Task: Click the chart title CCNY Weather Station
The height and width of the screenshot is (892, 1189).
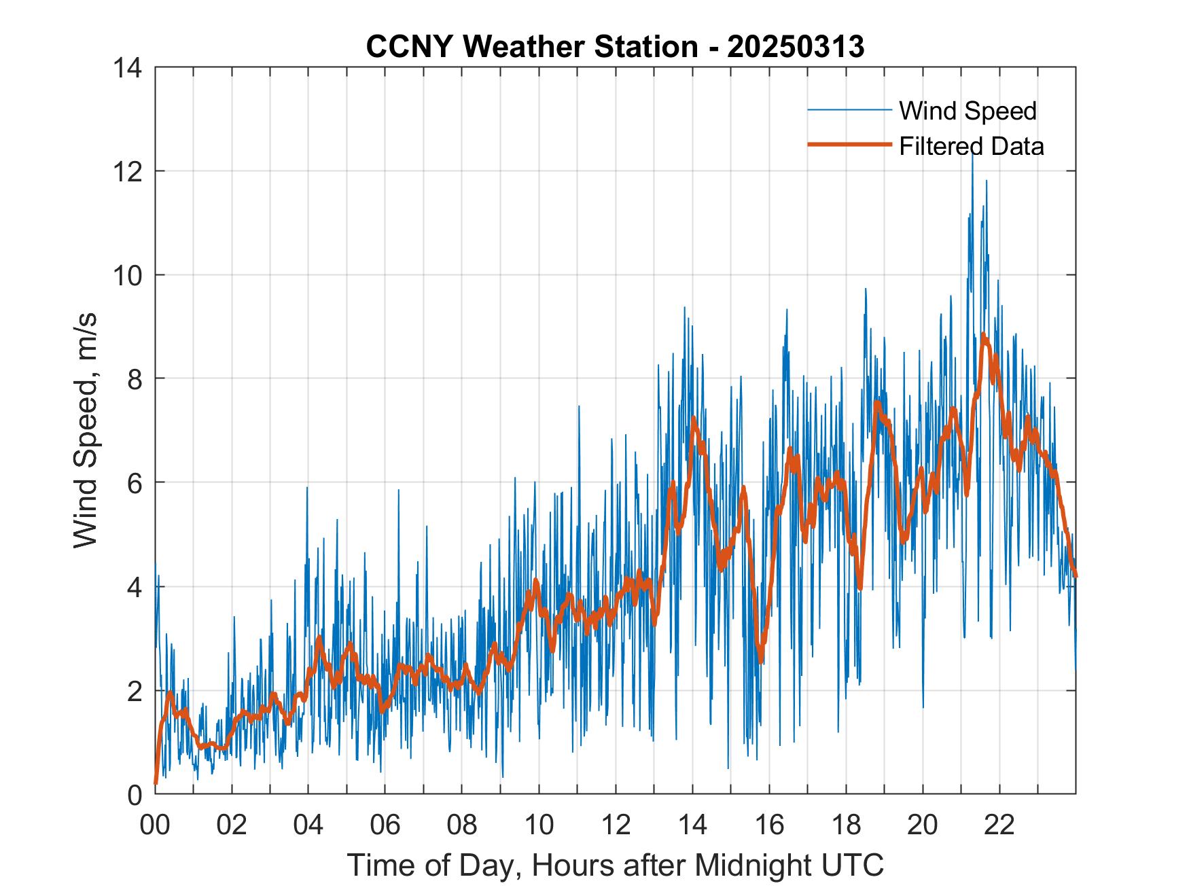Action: click(615, 47)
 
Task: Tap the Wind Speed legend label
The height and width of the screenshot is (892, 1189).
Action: click(968, 111)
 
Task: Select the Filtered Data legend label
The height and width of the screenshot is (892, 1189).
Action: click(971, 146)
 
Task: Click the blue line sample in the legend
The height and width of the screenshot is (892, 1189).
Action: click(849, 110)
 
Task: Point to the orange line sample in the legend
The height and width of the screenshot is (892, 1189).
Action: click(849, 145)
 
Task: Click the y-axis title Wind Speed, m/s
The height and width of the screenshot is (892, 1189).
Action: click(86, 430)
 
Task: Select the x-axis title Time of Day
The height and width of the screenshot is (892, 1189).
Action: click(615, 865)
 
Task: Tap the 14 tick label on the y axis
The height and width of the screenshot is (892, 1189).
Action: click(128, 68)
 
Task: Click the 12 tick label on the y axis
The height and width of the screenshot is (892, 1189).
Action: click(128, 171)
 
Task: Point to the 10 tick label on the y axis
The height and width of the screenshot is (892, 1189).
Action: click(128, 275)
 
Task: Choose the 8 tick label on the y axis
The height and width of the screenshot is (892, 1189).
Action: click(136, 379)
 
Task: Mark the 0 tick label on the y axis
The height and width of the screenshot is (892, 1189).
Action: click(136, 794)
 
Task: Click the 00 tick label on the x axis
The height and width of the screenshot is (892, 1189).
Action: click(155, 824)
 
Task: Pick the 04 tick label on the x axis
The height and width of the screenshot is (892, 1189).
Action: click(308, 824)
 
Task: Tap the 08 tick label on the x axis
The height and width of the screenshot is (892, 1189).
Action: click(462, 824)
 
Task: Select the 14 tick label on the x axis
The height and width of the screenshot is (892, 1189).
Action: click(692, 824)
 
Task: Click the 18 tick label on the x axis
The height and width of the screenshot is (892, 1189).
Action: click(846, 824)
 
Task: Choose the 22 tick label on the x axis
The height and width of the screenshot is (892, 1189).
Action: click(999, 824)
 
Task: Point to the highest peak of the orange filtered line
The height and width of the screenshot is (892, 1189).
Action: click(983, 335)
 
